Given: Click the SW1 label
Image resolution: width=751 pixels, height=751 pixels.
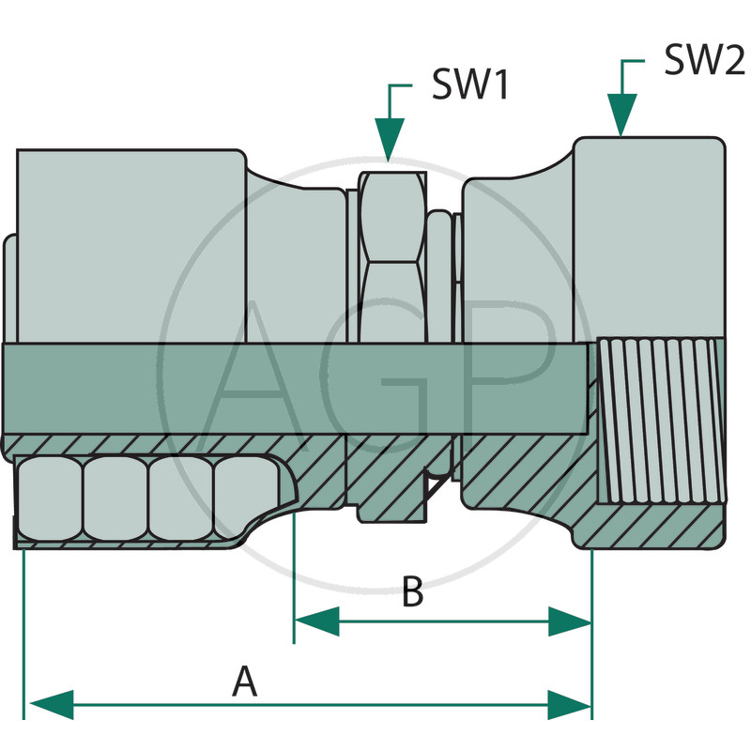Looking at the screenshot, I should click(469, 86).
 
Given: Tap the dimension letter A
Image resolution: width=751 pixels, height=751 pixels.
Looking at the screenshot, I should click(245, 681).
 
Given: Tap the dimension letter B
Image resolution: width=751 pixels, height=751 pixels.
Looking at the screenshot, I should click(411, 593).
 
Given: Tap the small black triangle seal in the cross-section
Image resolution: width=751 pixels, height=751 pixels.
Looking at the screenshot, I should click(434, 483).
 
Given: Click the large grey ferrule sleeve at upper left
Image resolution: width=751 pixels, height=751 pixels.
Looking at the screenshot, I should click(131, 244).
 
